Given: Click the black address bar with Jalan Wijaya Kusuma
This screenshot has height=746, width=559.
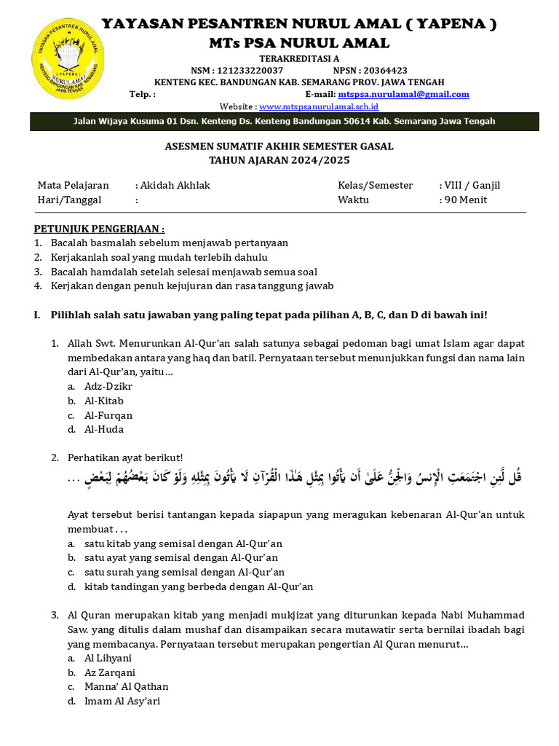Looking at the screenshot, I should (x=284, y=121).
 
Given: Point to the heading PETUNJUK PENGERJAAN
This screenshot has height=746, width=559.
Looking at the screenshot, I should (x=99, y=229).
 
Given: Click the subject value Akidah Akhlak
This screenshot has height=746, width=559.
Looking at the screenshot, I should (x=175, y=185).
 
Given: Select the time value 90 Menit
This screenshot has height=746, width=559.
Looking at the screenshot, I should (x=466, y=200).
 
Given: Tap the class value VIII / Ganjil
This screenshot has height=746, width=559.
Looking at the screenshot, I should (x=472, y=185).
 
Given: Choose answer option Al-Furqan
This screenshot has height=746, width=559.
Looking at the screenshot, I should (x=108, y=415).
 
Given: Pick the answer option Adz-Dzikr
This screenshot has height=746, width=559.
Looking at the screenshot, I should (x=108, y=386).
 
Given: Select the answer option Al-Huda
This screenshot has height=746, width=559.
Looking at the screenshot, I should (x=104, y=429).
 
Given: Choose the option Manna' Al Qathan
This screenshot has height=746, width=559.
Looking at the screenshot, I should (x=126, y=686).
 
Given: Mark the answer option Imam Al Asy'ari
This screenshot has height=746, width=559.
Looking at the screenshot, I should (x=122, y=701).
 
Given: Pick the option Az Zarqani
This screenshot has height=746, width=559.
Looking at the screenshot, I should (x=110, y=672).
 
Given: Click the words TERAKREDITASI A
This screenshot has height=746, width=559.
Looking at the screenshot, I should (x=299, y=58).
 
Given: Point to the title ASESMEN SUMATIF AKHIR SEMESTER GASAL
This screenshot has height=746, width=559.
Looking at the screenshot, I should (x=279, y=146).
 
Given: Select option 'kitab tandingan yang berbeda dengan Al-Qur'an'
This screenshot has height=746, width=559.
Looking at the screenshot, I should (x=199, y=586).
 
